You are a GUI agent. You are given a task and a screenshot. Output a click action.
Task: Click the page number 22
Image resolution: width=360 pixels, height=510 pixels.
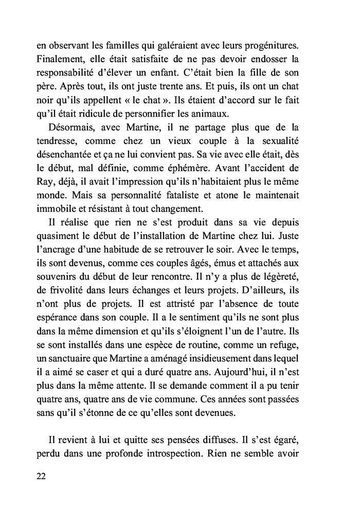(42, 476)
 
